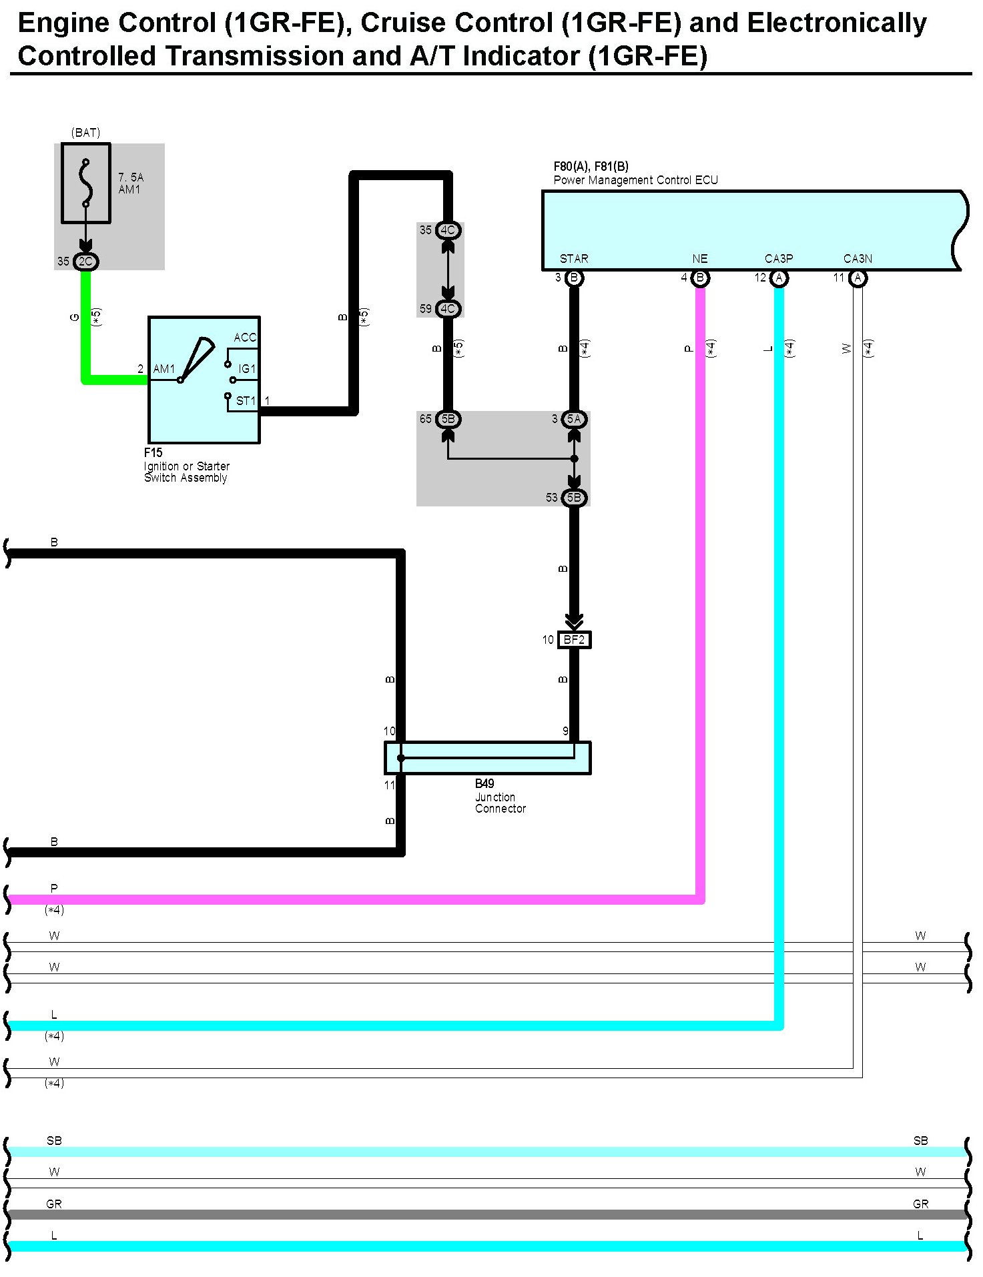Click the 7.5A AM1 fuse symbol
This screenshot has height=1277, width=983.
85,183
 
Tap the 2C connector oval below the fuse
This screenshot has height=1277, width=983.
85,262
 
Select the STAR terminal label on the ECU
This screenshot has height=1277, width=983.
574,259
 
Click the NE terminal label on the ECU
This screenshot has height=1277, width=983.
699,259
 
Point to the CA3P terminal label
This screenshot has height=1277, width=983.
779,259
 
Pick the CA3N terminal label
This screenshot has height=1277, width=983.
858,259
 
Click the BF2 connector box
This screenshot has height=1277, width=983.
574,640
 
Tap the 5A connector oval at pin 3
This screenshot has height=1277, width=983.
574,419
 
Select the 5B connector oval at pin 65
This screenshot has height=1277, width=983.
448,419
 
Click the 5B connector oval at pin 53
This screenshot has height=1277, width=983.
574,498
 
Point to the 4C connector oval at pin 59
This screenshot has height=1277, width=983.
448,309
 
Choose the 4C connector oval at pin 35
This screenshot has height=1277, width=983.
448,230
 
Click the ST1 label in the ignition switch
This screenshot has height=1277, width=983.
246,401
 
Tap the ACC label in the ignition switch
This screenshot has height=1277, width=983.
245,338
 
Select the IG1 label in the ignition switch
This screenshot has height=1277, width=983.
247,369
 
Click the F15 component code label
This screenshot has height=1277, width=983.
153,452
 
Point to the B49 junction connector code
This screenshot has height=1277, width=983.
484,783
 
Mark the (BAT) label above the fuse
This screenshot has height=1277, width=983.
85,133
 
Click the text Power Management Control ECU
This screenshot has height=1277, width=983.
635,180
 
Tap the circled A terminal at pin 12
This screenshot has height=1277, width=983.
779,278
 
